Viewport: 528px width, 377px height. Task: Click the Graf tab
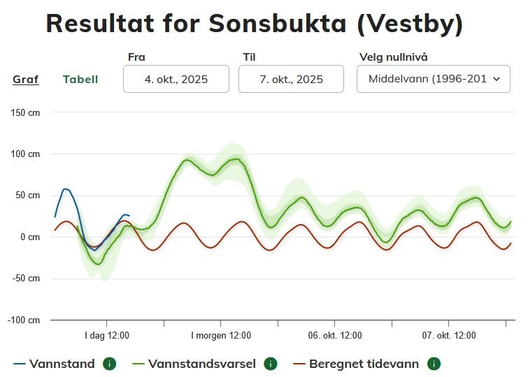pyautogui.click(x=26, y=80)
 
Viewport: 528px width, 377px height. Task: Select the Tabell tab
pyautogui.click(x=80, y=80)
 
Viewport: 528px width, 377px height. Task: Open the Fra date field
pyautogui.click(x=176, y=79)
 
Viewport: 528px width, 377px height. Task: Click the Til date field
pyautogui.click(x=291, y=79)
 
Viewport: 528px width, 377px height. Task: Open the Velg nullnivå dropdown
pyautogui.click(x=433, y=79)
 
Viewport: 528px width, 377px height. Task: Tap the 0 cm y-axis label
pyautogui.click(x=30, y=237)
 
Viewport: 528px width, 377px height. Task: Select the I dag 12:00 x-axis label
pyautogui.click(x=107, y=336)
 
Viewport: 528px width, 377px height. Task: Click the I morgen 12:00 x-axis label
pyautogui.click(x=221, y=336)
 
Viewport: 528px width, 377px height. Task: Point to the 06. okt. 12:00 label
pyautogui.click(x=335, y=336)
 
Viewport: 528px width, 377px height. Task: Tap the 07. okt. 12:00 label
pyautogui.click(x=449, y=336)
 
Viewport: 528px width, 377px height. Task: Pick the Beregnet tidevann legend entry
pyautogui.click(x=364, y=364)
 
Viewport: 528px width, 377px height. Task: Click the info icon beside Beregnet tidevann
pyautogui.click(x=434, y=364)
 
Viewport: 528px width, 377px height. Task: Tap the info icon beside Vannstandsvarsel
pyautogui.click(x=271, y=364)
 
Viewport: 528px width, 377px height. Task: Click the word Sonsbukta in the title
pyautogui.click(x=278, y=24)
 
